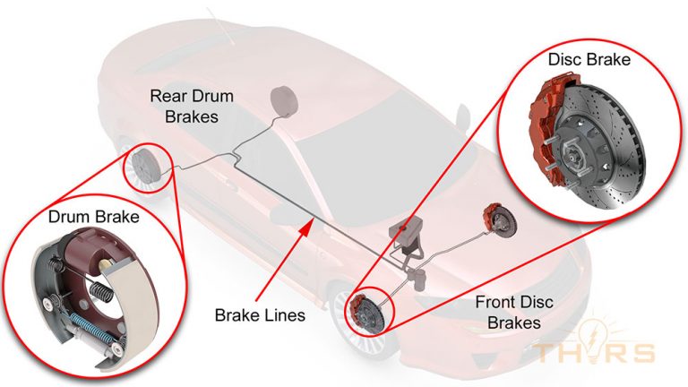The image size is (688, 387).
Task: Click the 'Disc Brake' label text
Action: [x=589, y=60]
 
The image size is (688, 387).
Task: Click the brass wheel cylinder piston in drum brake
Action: [x=106, y=262]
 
